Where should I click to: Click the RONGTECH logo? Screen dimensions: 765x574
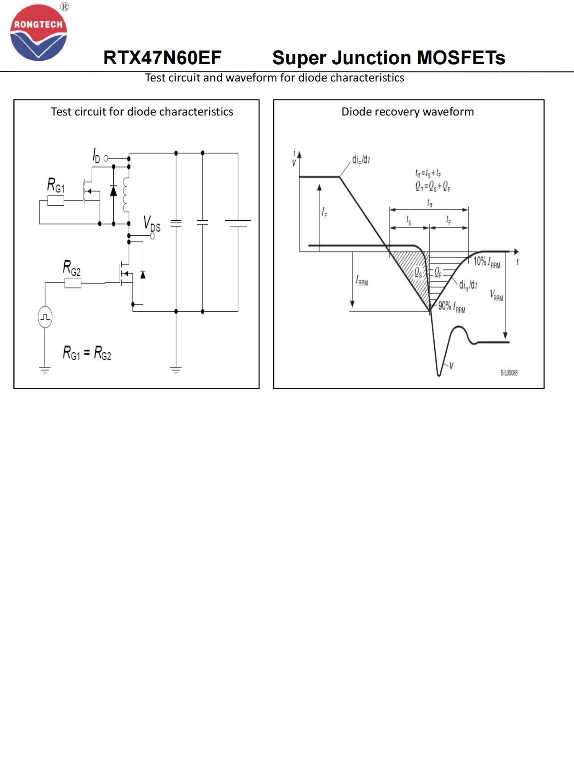coord(39,33)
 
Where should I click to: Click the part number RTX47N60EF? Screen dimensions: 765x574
coord(162,58)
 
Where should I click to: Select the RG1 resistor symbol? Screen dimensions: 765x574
coord(56,200)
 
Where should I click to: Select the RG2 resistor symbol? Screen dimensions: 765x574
coord(73,283)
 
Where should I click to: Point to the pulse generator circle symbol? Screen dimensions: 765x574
coord(45,317)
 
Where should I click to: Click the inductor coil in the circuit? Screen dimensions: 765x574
coord(126,195)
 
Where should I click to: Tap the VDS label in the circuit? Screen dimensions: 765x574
coord(152,224)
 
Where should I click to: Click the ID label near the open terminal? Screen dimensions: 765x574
coord(96,156)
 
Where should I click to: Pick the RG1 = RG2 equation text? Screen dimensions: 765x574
coord(87,353)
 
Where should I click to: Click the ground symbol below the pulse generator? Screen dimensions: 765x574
coord(45,369)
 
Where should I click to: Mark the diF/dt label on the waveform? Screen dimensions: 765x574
coord(361,160)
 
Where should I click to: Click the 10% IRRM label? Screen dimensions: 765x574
coord(487,262)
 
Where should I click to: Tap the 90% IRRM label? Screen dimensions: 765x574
coord(452,307)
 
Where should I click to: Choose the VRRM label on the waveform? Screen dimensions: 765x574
coord(496,295)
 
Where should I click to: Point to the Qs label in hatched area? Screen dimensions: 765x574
coord(418,273)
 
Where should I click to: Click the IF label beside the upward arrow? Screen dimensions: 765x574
coord(325,213)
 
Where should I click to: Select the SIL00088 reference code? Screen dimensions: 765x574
coord(509,373)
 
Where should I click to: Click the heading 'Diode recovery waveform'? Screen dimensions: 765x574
coord(408,112)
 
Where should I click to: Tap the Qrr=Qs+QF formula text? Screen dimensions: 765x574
coord(433,186)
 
